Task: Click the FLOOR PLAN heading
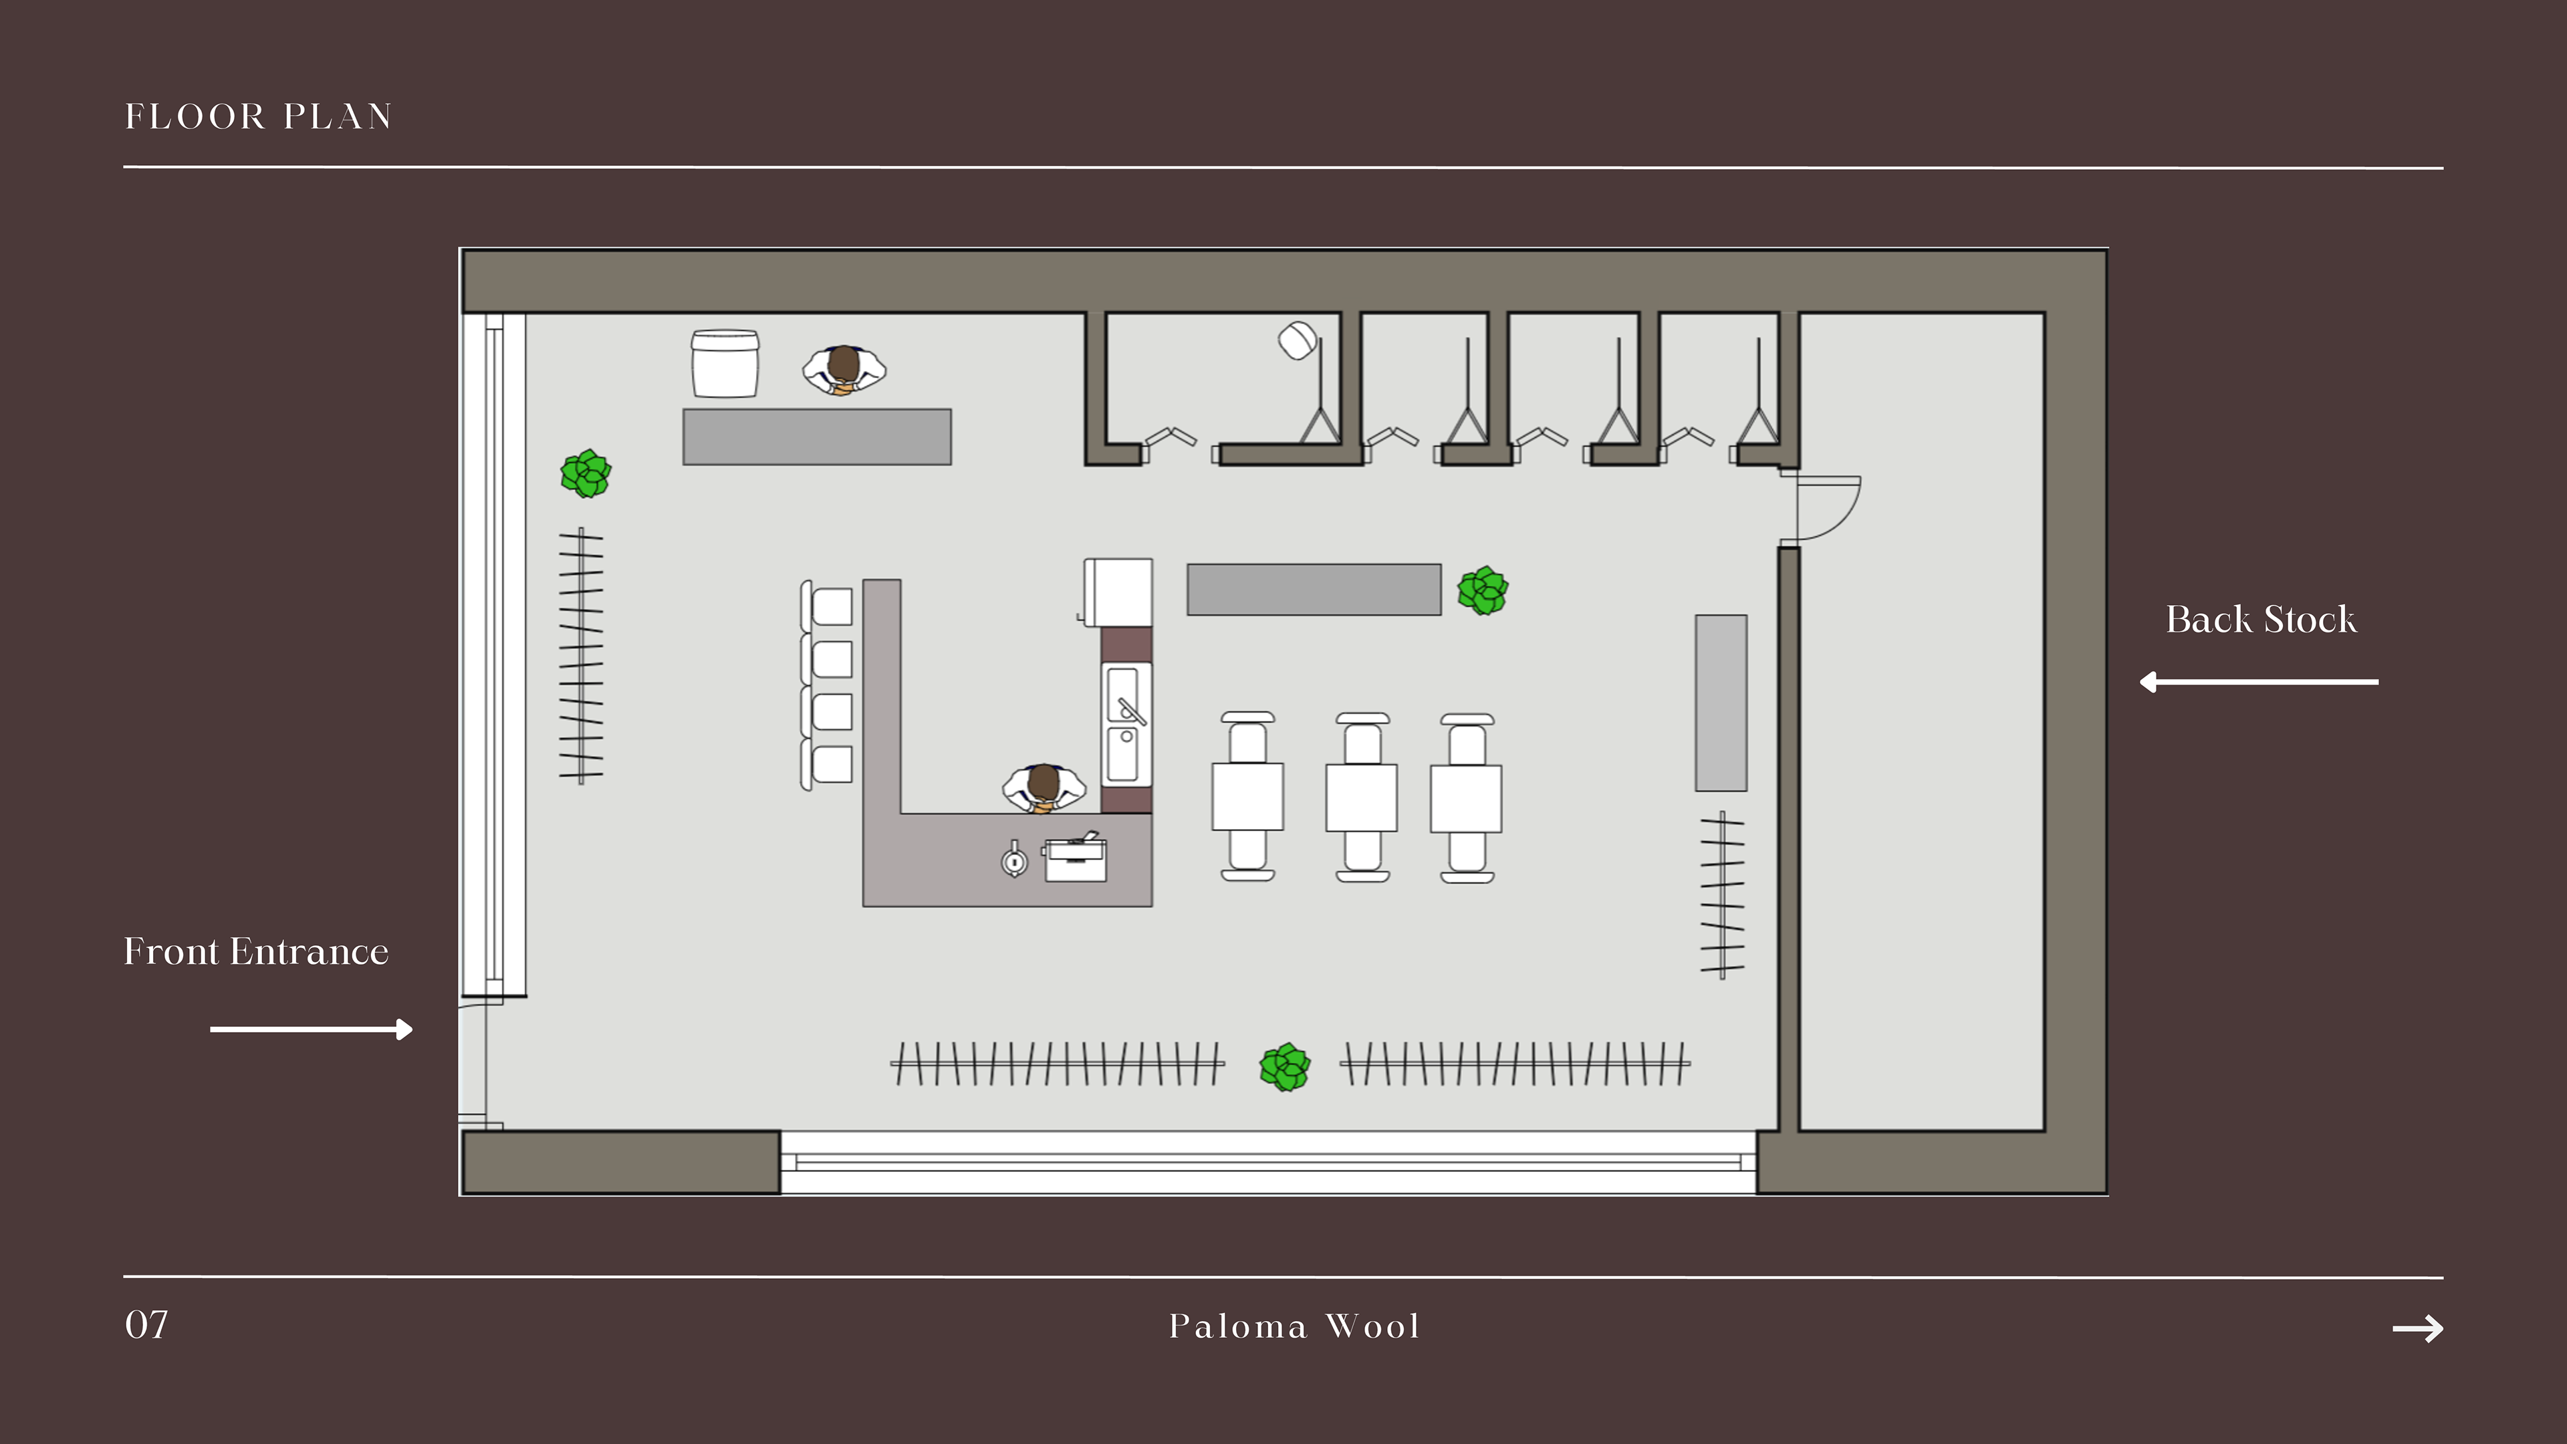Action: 258,116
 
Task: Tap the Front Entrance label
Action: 256,952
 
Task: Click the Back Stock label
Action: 2261,620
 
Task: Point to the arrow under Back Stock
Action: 2258,682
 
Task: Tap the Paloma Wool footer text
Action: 1294,1326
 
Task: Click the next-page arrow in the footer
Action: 2417,1328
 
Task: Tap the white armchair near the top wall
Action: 725,364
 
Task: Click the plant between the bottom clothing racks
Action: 1284,1068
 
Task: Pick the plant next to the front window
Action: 586,473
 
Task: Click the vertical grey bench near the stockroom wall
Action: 1721,703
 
